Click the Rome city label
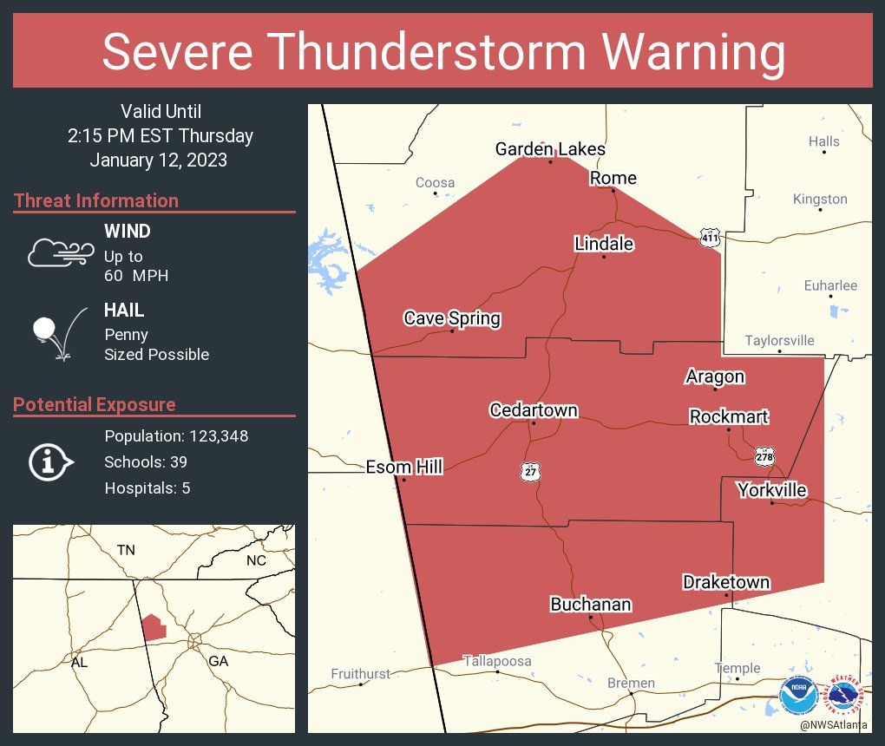click(613, 178)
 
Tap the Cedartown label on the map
click(533, 410)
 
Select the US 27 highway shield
click(530, 471)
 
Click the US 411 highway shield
click(711, 236)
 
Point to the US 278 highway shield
click(764, 456)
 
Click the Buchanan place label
click(590, 605)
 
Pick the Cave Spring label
click(451, 318)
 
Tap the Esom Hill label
click(403, 468)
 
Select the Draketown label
click(725, 581)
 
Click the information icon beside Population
click(49, 462)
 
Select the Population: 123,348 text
click(176, 435)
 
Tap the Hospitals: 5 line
click(147, 488)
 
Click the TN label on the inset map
click(127, 550)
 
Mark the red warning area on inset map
click(154, 626)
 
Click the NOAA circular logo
click(798, 696)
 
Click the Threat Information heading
click(95, 201)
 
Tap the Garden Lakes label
click(550, 149)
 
